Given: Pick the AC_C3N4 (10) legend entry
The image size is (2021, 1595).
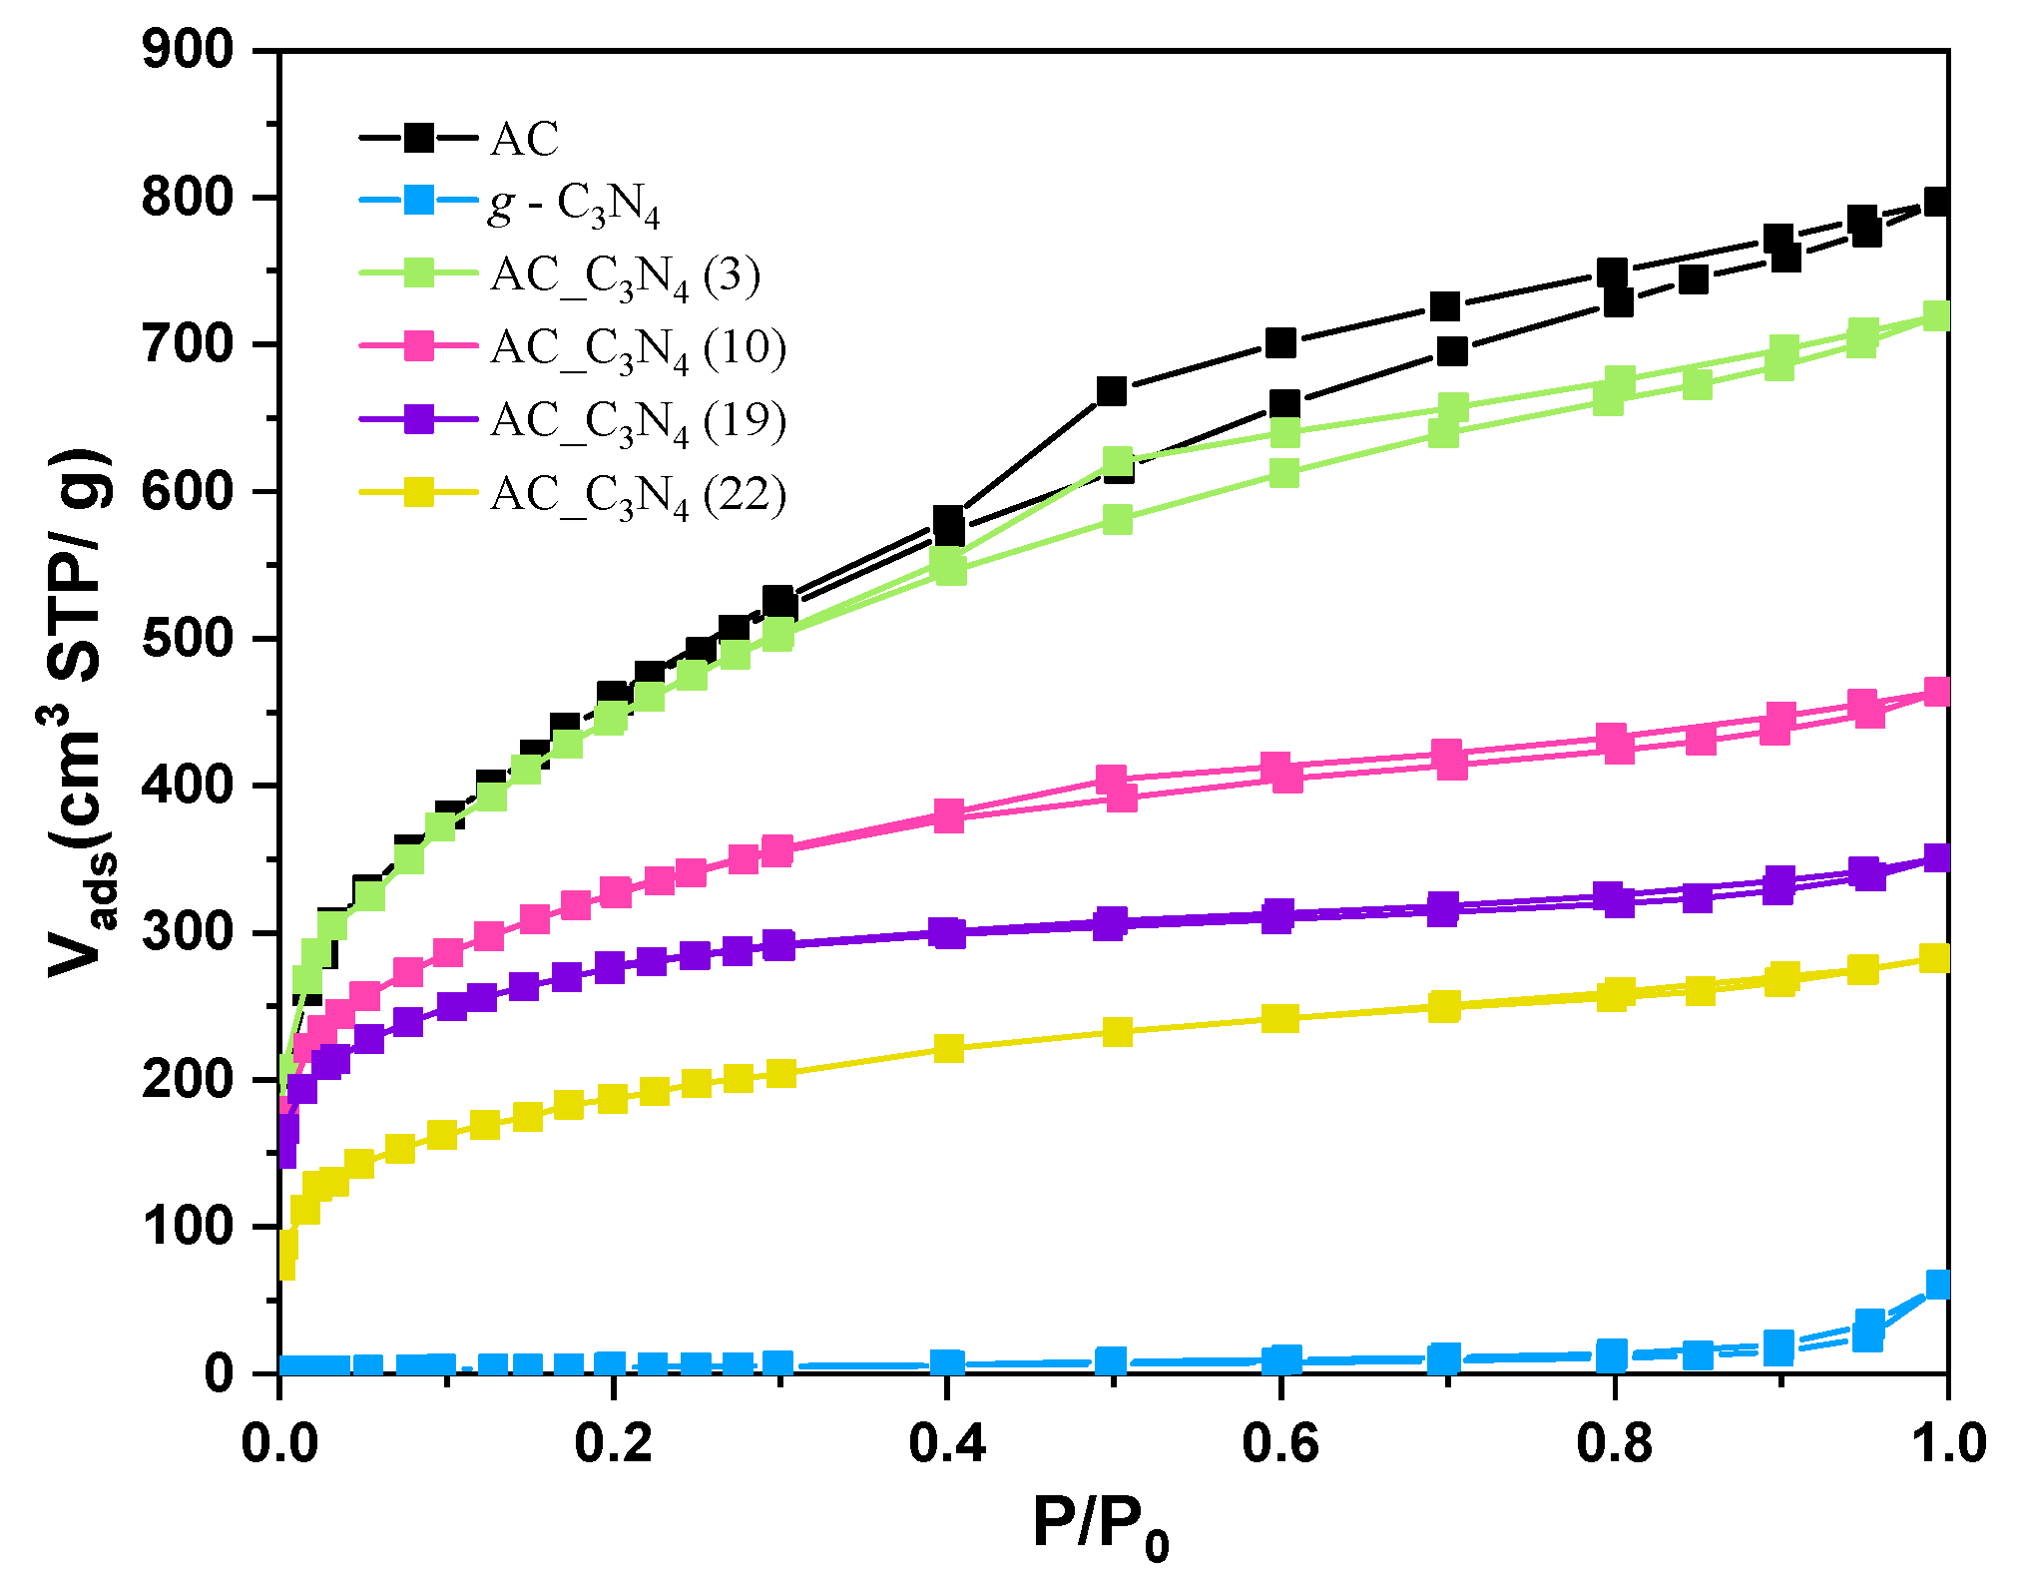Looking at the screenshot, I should pyautogui.click(x=638, y=348).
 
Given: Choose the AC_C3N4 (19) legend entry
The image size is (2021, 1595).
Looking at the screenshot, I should pyautogui.click(x=638, y=421).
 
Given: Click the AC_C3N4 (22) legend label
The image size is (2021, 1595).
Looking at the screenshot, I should pyautogui.click(x=638, y=494).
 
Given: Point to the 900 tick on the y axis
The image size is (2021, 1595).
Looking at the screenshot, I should pyautogui.click(x=188, y=50).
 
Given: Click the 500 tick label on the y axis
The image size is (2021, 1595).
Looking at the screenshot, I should pyautogui.click(x=188, y=639).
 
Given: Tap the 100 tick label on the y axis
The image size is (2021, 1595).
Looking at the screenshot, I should pyautogui.click(x=188, y=1227).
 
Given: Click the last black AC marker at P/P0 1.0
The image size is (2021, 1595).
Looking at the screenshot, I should pyautogui.click(x=1937, y=202).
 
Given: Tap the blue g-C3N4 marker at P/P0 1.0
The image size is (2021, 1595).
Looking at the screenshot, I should pyautogui.click(x=1937, y=1284).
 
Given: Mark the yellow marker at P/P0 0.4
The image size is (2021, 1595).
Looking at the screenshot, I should pyautogui.click(x=948, y=1048).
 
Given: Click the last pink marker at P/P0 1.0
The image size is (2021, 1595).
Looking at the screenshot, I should pyautogui.click(x=1937, y=691).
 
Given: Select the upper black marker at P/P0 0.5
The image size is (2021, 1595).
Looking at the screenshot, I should pyautogui.click(x=1111, y=390).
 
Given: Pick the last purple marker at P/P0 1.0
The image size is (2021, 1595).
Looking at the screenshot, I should pyautogui.click(x=1937, y=857).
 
